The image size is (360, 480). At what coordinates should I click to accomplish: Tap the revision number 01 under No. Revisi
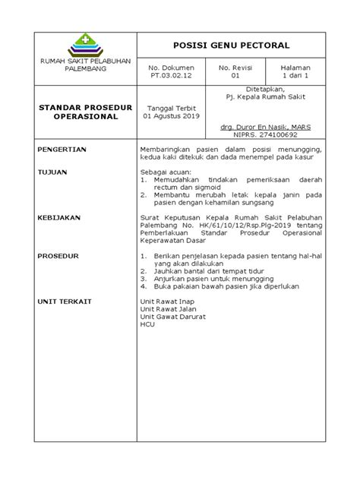coord(235,76)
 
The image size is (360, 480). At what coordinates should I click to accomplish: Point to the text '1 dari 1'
coord(296,76)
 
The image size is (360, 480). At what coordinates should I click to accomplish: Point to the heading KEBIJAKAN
coord(59,216)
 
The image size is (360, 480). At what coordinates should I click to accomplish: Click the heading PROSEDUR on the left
coord(58,256)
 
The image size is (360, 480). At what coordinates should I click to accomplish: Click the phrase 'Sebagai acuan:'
coord(166,172)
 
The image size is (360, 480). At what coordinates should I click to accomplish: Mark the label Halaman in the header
coord(296,68)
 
